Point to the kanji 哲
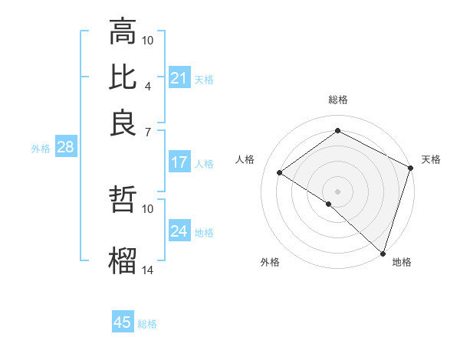click(123, 200)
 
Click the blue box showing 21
click(179, 78)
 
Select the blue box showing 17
click(179, 162)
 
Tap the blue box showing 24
click(179, 231)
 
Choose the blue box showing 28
click(65, 148)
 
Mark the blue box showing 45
click(123, 322)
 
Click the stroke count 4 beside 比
click(148, 86)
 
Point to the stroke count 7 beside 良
click(148, 132)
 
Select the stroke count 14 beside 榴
click(148, 270)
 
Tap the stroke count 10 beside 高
click(148, 40)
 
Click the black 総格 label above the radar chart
click(338, 100)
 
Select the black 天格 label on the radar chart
click(431, 159)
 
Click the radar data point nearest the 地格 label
click(383, 253)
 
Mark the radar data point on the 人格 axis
click(280, 173)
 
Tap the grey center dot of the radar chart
click(337, 190)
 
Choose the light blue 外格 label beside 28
click(40, 149)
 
